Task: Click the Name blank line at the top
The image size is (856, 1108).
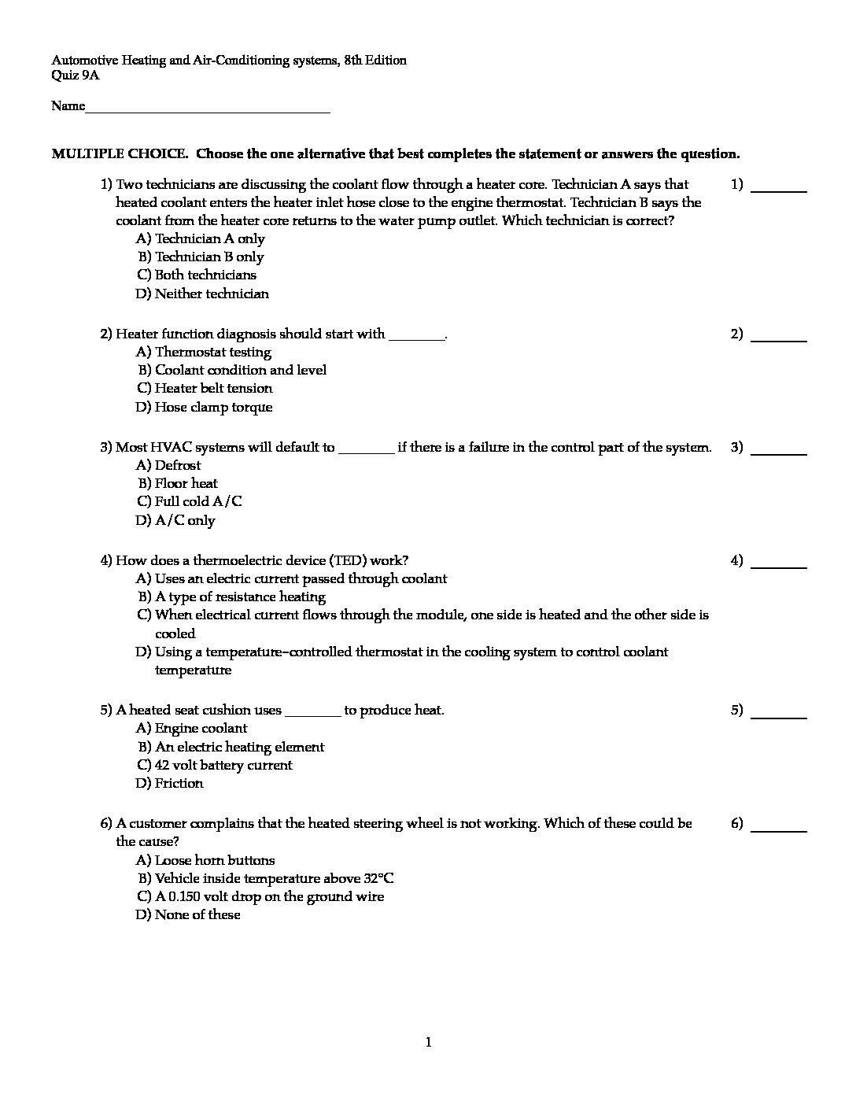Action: [x=208, y=111]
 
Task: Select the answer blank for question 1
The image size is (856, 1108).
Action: [x=779, y=190]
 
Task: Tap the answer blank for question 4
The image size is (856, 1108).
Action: [x=779, y=567]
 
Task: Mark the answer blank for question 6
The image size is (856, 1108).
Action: [x=779, y=829]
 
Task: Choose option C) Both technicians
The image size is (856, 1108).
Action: [x=197, y=275]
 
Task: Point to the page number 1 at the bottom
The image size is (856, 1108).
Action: [x=428, y=1043]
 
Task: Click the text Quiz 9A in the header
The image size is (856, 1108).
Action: [x=76, y=76]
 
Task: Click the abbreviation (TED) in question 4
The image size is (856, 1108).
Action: [x=349, y=560]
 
